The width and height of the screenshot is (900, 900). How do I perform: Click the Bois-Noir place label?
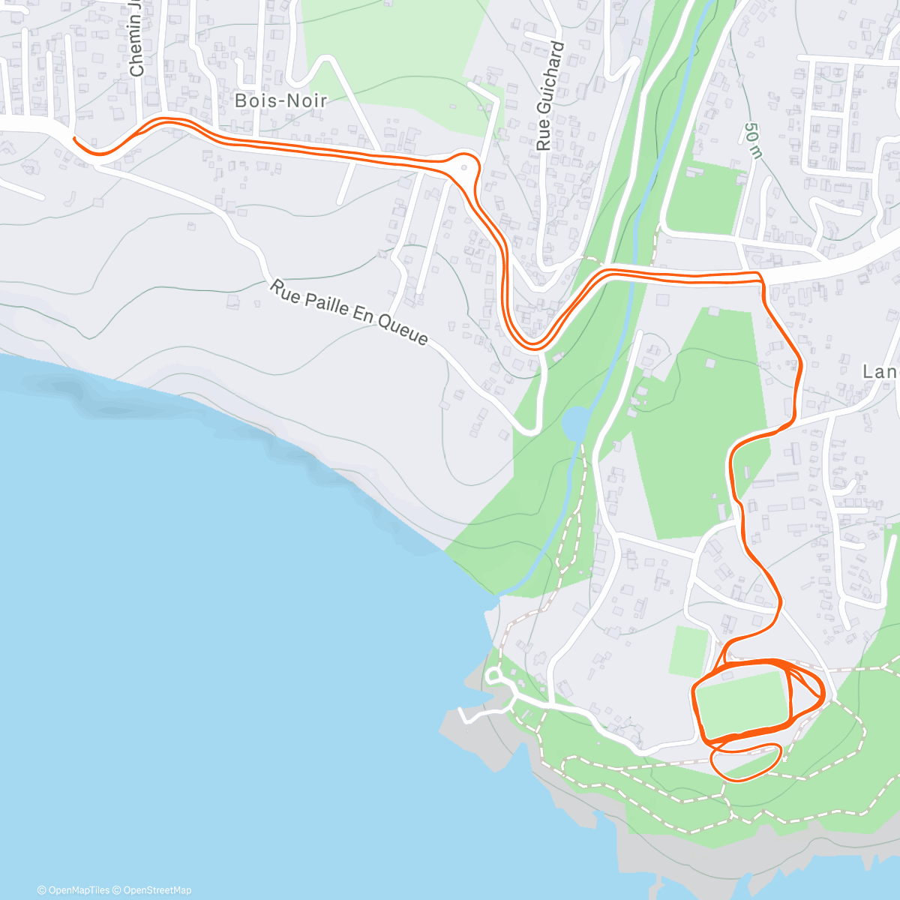(x=280, y=100)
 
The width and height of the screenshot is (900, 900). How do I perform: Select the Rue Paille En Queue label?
(x=349, y=313)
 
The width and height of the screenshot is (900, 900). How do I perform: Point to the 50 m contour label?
(x=753, y=140)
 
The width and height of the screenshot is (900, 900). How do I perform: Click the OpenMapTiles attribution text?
(x=73, y=890)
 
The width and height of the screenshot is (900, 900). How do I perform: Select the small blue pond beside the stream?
(x=574, y=424)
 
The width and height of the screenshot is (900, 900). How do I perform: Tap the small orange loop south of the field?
(x=746, y=760)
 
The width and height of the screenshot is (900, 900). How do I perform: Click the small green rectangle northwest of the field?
(x=688, y=650)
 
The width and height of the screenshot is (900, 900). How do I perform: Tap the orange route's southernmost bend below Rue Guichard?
(x=534, y=346)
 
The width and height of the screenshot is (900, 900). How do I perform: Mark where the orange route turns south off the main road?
(x=761, y=280)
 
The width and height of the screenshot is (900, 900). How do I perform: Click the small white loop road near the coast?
(x=493, y=676)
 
